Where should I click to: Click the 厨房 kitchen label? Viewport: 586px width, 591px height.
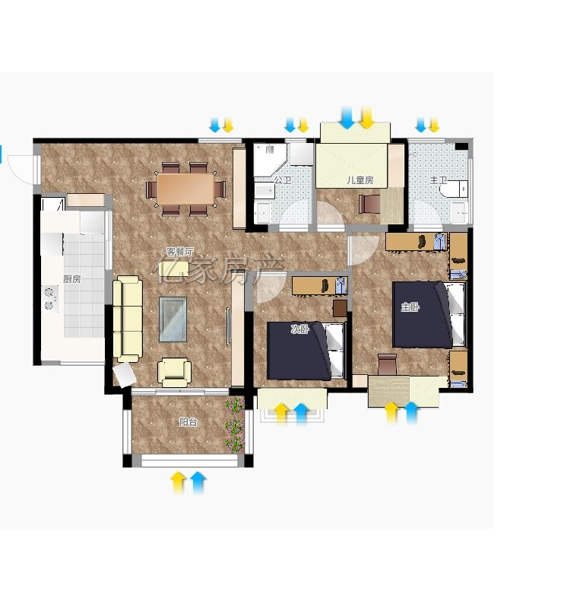[x=72, y=279]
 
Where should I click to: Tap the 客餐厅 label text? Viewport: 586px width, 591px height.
[x=180, y=251]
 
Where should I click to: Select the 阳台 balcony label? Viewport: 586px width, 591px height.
[x=188, y=422]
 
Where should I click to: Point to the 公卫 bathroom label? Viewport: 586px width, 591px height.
[x=283, y=180]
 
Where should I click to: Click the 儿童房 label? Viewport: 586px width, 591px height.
[x=360, y=180]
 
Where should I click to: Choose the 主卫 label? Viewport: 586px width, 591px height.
[x=439, y=180]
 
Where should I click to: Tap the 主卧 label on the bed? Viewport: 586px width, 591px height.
[x=410, y=307]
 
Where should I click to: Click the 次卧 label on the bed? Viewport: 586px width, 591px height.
[x=300, y=329]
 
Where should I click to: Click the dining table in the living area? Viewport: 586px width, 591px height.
[x=185, y=189]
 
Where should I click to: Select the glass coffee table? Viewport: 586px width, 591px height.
[x=173, y=319]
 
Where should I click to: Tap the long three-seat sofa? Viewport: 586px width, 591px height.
[x=128, y=319]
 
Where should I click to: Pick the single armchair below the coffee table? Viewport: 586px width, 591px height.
[x=174, y=372]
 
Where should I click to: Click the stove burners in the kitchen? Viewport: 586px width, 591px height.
[x=49, y=298]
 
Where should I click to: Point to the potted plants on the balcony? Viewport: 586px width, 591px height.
[x=235, y=425]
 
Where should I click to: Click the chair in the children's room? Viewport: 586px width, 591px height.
[x=369, y=204]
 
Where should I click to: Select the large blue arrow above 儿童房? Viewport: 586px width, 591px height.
[x=347, y=117]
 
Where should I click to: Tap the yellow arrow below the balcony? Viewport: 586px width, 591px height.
[x=178, y=482]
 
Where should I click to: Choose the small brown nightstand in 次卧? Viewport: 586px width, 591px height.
[x=340, y=308]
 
